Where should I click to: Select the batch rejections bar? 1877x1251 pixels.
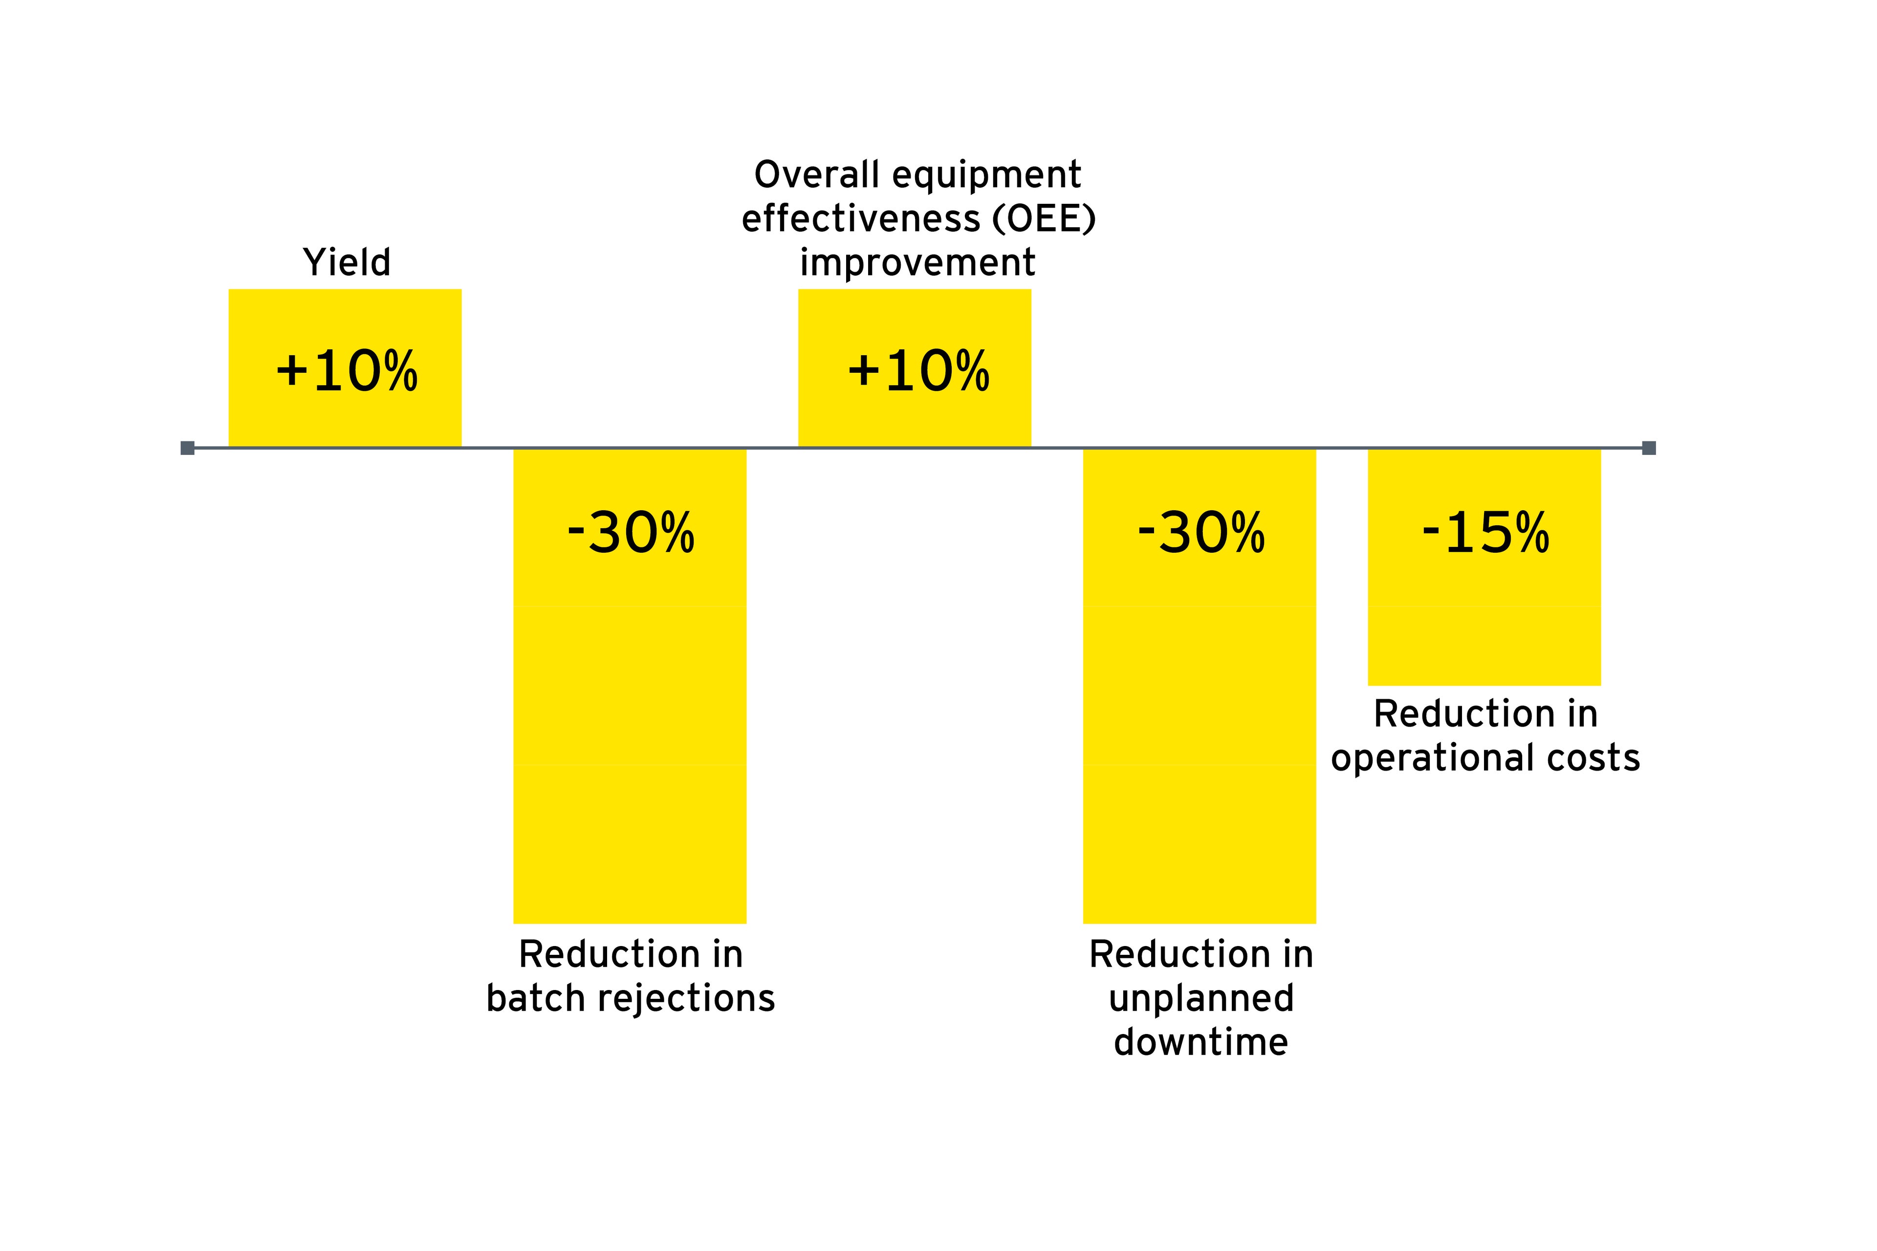pyautogui.click(x=630, y=718)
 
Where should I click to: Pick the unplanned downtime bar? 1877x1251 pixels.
pyautogui.click(x=1200, y=718)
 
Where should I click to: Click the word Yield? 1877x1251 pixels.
pyautogui.click(x=347, y=262)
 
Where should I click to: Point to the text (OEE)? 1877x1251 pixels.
pyautogui.click(x=1044, y=218)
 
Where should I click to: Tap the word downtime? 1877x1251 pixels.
pyautogui.click(x=1201, y=1042)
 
